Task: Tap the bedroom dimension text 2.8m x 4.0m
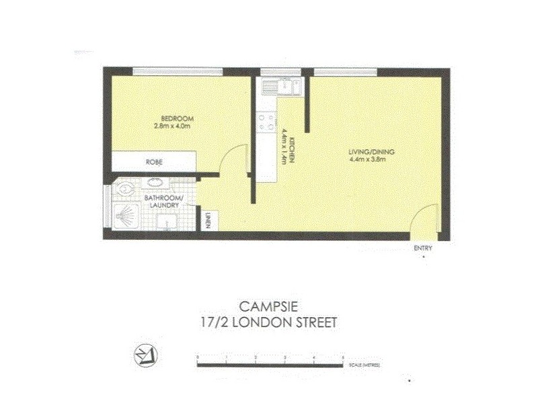point(174,126)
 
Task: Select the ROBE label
point(154,163)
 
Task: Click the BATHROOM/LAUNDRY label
point(164,201)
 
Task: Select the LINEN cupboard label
point(208,220)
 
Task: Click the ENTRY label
point(423,249)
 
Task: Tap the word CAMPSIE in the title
point(268,306)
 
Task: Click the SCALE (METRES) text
point(365,365)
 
